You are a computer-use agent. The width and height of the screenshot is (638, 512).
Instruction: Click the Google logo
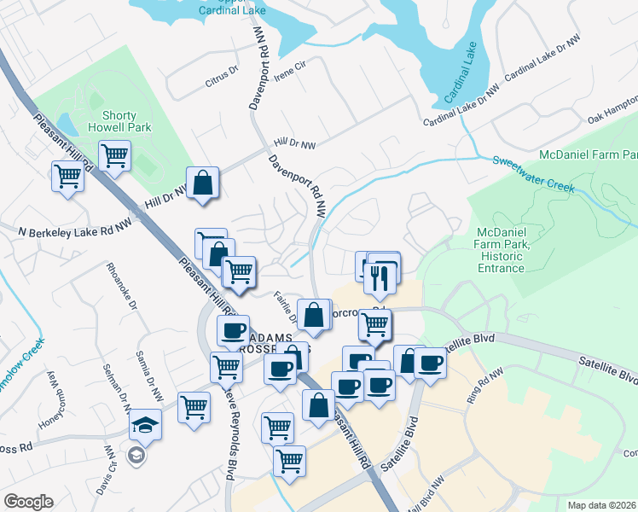pyautogui.click(x=28, y=502)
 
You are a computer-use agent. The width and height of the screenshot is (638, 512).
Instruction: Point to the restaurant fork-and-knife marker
pyautogui.click(x=377, y=276)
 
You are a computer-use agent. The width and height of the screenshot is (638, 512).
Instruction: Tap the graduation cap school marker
pyautogui.click(x=145, y=427)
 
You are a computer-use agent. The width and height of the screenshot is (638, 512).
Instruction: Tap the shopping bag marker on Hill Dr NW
pyautogui.click(x=203, y=183)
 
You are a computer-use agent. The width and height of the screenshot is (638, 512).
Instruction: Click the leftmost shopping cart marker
pyautogui.click(x=67, y=177)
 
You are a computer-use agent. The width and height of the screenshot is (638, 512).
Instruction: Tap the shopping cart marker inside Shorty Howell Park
pyautogui.click(x=114, y=156)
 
